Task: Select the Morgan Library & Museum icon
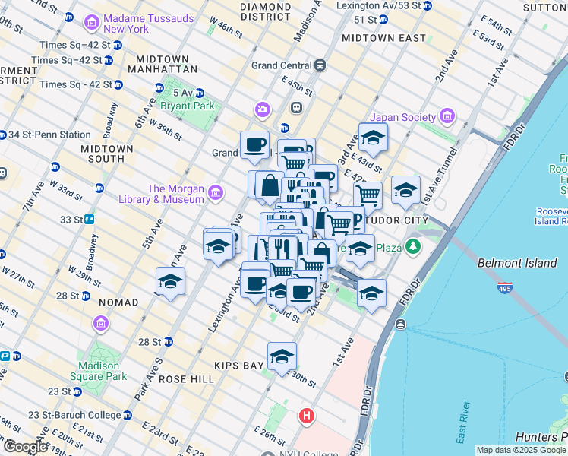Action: tap(216, 193)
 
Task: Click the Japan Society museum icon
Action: tap(447, 116)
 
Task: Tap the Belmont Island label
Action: tap(512, 263)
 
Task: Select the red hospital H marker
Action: tap(307, 416)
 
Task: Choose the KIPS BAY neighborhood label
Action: tap(238, 365)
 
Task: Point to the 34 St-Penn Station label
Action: tap(49, 135)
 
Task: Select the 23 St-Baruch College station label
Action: tap(74, 415)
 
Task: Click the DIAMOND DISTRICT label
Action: tap(265, 11)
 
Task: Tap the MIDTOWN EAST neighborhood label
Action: tap(383, 37)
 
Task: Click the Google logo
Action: tap(25, 447)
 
